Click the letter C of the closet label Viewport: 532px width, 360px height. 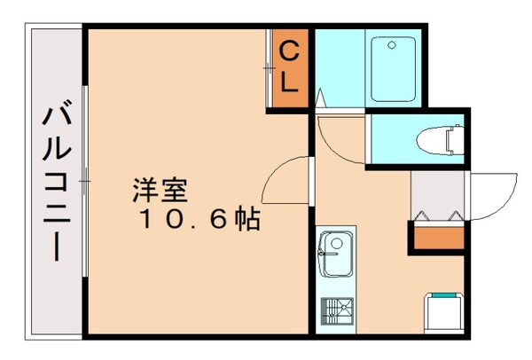point(290,51)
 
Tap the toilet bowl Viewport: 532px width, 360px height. point(435,139)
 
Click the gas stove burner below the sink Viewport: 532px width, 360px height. point(336,310)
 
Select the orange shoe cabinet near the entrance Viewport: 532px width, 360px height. point(437,237)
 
